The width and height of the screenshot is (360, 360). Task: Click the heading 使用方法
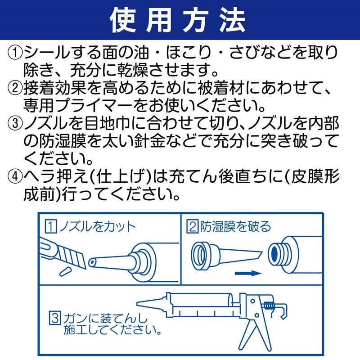click(180, 20)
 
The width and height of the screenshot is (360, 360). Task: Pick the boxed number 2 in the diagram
click(192, 226)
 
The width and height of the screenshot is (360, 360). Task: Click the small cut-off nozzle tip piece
click(64, 272)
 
